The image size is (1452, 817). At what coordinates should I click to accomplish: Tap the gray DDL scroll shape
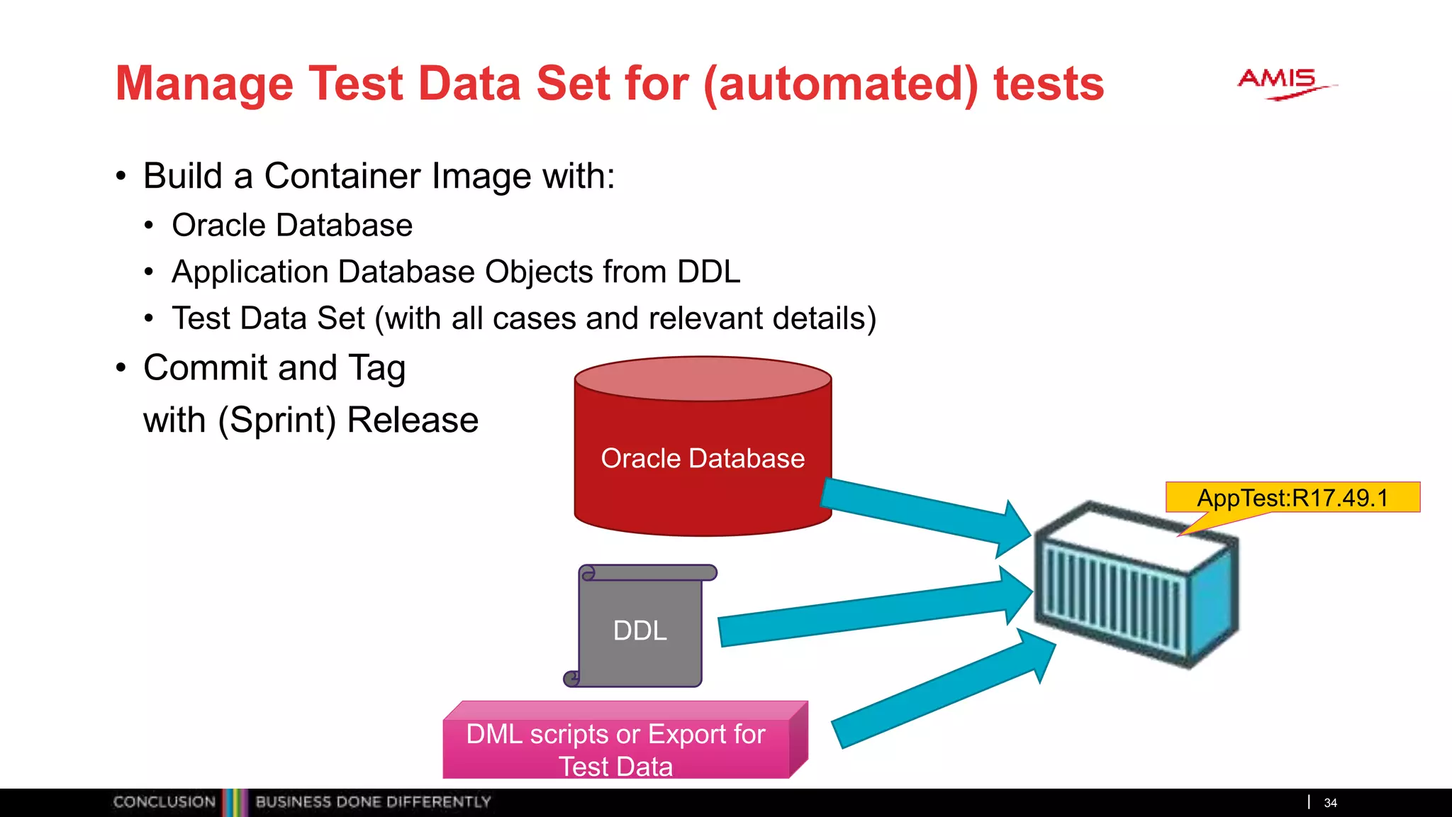(640, 628)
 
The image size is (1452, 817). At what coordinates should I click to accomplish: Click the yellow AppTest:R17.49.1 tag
(1292, 497)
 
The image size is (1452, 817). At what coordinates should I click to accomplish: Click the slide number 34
(1330, 803)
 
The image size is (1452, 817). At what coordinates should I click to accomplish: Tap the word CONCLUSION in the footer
(164, 802)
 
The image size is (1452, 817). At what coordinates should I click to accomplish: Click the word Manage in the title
(204, 84)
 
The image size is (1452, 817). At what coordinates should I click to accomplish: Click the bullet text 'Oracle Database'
(292, 226)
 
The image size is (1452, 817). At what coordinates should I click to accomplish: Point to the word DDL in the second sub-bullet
(709, 272)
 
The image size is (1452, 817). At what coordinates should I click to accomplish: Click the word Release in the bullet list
(413, 420)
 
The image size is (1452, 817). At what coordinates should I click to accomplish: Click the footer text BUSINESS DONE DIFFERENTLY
(373, 802)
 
